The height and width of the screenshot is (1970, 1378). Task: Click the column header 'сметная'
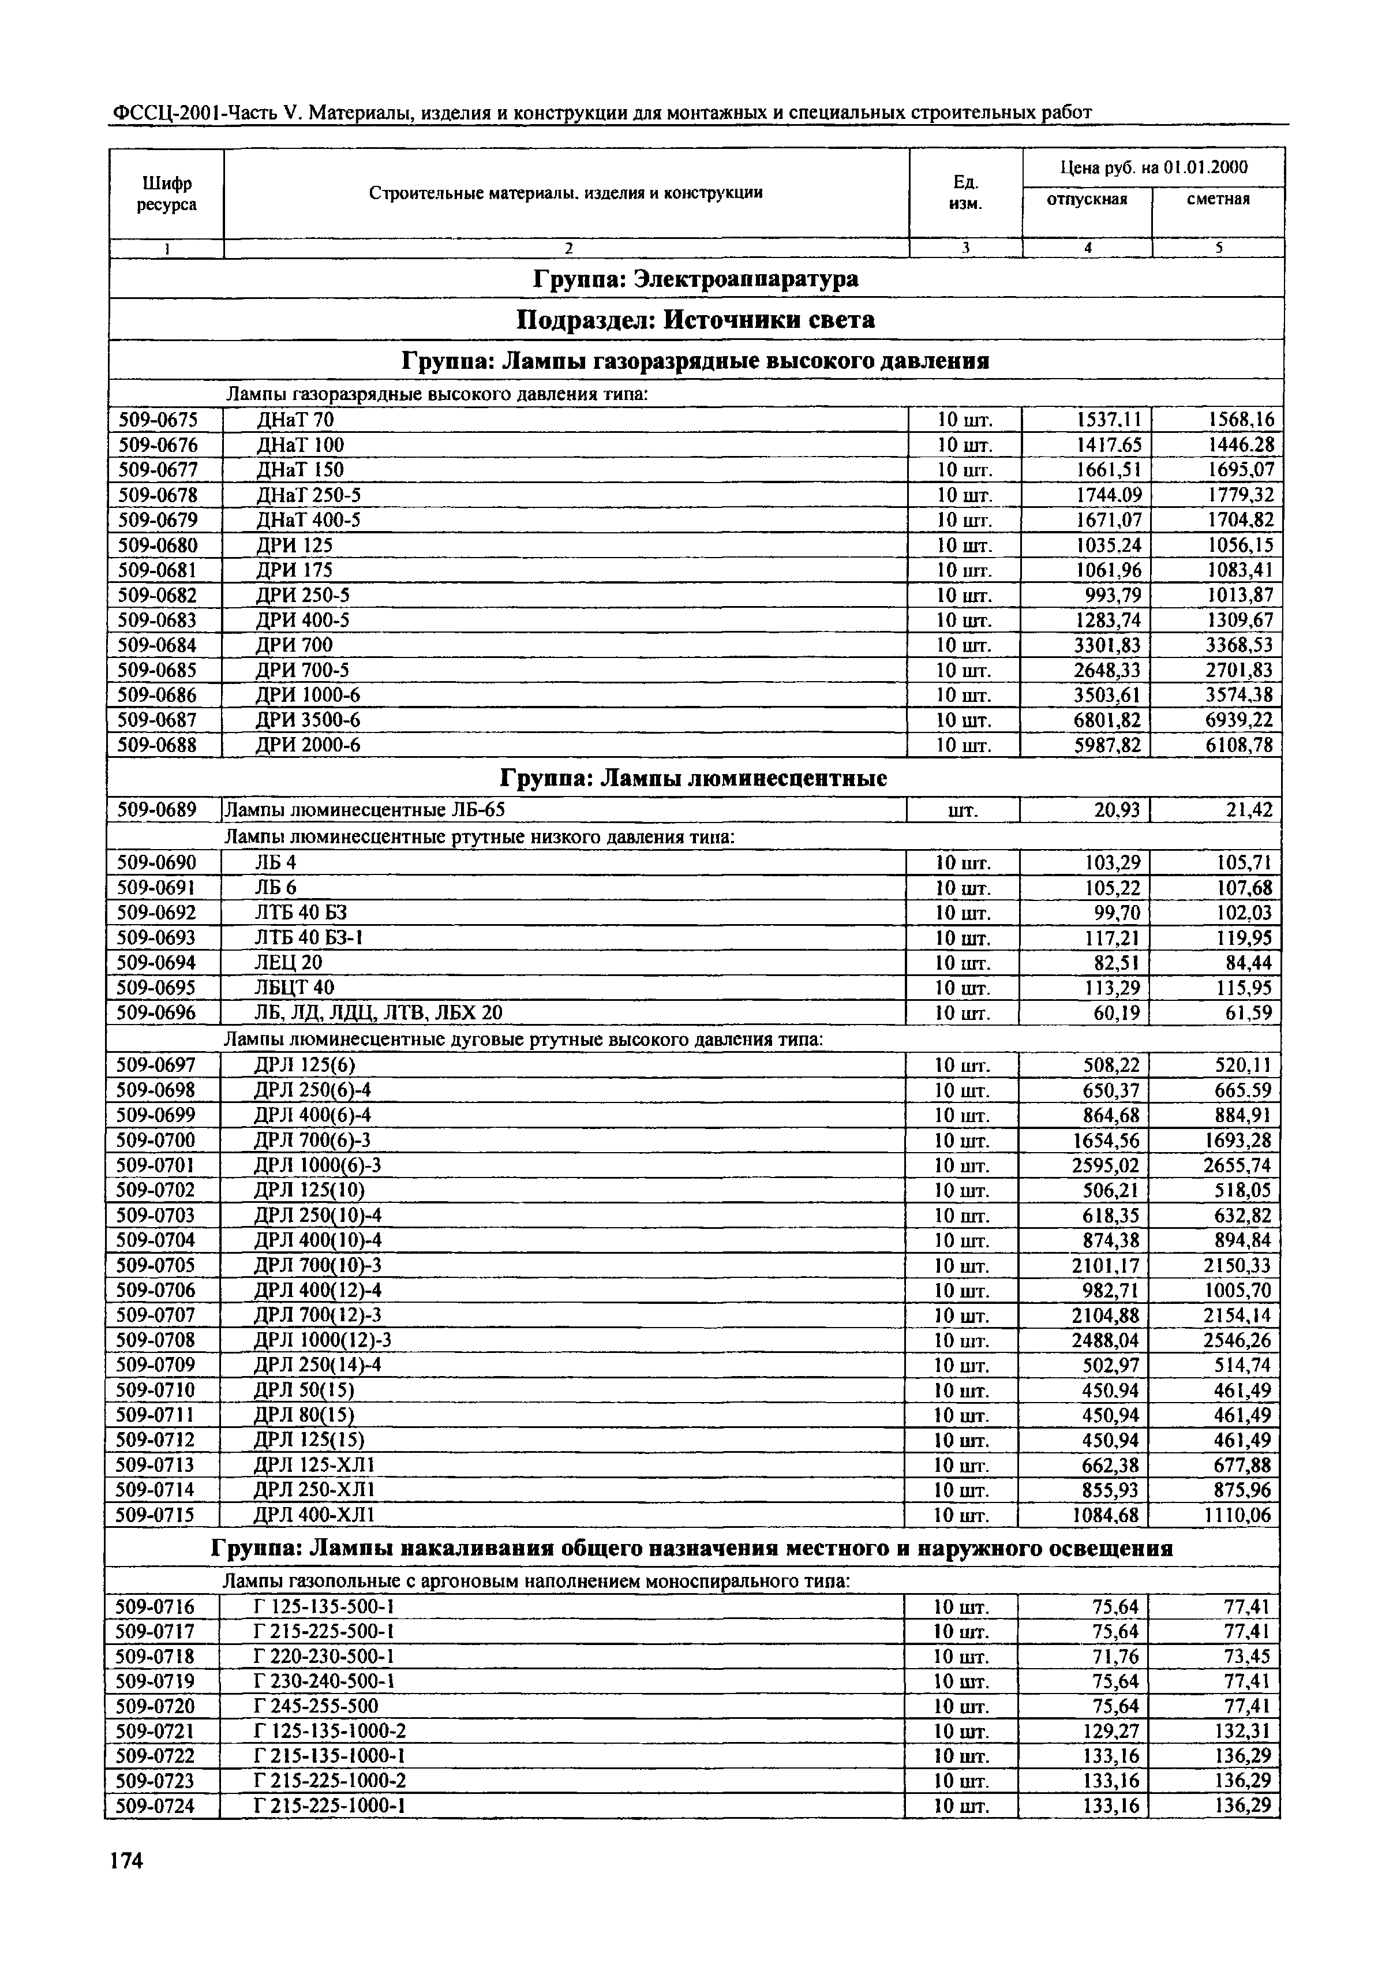click(x=1218, y=199)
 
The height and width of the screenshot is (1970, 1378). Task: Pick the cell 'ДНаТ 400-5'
click(x=308, y=520)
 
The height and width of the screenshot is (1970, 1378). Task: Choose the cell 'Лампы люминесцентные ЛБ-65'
click(x=370, y=810)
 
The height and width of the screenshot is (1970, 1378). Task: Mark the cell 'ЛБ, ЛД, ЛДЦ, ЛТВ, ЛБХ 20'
click(x=379, y=1014)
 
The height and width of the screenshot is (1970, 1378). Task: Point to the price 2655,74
click(x=1237, y=1165)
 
